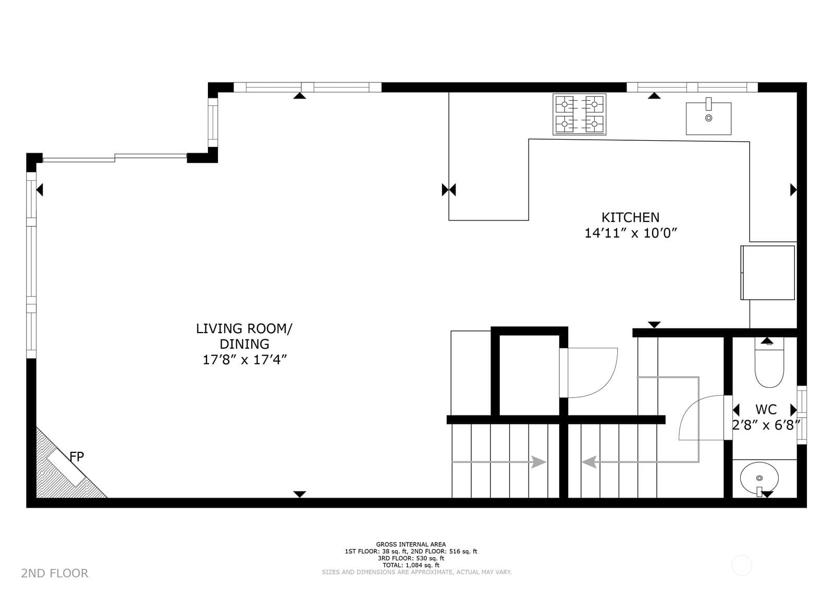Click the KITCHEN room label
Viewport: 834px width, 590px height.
[x=630, y=217]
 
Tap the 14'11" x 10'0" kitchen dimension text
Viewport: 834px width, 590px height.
[x=630, y=233]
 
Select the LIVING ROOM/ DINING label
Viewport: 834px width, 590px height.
[x=244, y=336]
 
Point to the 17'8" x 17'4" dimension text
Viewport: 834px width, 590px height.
[x=244, y=360]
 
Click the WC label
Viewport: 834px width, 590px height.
[x=766, y=409]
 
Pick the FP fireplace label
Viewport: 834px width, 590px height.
[x=77, y=457]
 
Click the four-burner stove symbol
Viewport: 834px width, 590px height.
[x=579, y=114]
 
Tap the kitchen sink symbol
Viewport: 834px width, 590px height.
[x=708, y=118]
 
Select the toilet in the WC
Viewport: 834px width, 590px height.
[x=769, y=365]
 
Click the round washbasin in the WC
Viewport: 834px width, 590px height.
[x=759, y=477]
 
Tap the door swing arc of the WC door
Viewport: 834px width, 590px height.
[x=696, y=412]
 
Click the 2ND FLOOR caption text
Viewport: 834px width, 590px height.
[x=55, y=573]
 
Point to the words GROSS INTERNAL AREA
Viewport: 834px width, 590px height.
[x=411, y=545]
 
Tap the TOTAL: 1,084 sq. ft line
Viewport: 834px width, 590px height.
[x=411, y=565]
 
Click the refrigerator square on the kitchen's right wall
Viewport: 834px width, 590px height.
[x=767, y=273]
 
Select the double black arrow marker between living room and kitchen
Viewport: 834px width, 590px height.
[x=449, y=190]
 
